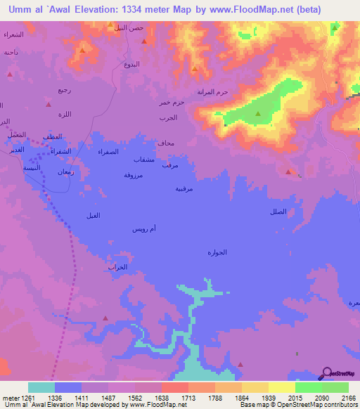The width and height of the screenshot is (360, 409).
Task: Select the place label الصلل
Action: pyautogui.click(x=278, y=212)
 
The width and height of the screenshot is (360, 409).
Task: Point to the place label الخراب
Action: pyautogui.click(x=117, y=268)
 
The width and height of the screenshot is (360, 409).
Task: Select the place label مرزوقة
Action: pyautogui.click(x=134, y=174)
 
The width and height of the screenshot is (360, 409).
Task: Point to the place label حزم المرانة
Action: pyautogui.click(x=213, y=92)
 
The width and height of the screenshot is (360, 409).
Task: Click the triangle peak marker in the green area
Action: pyautogui.click(x=257, y=113)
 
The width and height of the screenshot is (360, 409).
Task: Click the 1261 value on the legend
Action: pyautogui.click(x=28, y=398)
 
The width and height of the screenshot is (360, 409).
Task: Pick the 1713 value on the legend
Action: pyautogui.click(x=188, y=398)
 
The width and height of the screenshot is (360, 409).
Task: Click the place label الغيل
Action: pyautogui.click(x=91, y=215)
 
